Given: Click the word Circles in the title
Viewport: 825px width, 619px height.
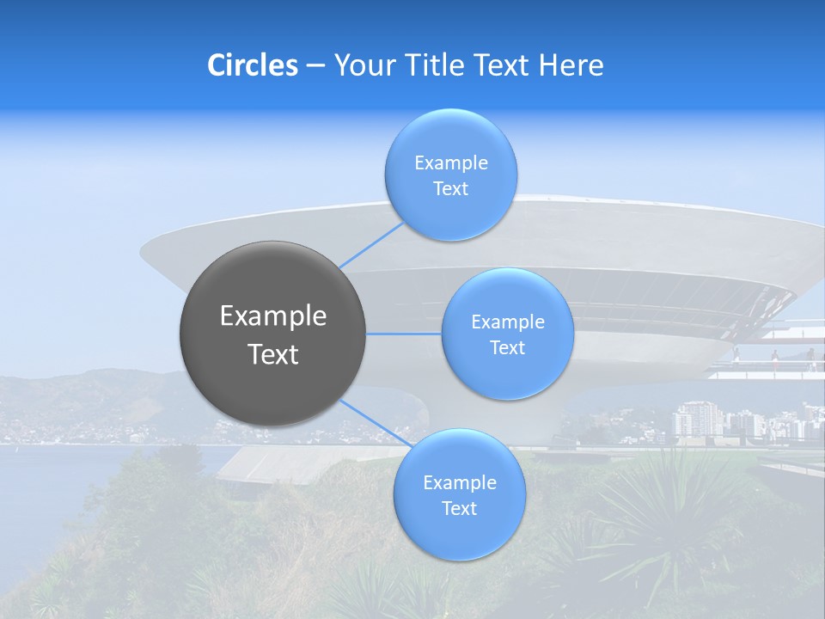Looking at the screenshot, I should [x=252, y=65].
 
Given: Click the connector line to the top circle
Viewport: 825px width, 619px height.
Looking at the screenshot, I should [x=372, y=243].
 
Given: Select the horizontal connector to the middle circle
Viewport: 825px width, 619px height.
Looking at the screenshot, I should [x=404, y=334].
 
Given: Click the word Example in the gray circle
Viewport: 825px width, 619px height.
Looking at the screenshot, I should [x=272, y=316].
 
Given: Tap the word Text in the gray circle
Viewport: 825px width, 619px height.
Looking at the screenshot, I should [x=272, y=354].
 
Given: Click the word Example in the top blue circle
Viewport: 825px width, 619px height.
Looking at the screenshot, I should [x=450, y=163].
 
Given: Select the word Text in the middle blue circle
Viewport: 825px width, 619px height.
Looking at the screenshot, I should [x=507, y=348].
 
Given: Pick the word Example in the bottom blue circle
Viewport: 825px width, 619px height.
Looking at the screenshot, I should [x=459, y=483].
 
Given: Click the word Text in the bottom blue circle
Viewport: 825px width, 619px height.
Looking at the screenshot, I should [x=459, y=509].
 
